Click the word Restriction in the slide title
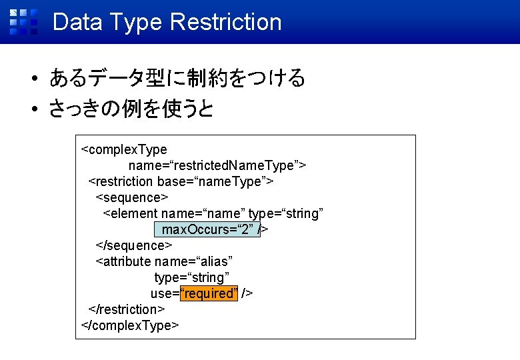[225, 22]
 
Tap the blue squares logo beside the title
[23, 21]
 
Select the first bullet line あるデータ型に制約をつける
[177, 79]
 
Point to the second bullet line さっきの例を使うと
[131, 108]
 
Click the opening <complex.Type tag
[123, 149]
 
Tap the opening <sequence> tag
[132, 197]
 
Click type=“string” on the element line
[286, 213]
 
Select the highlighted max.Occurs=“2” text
[207, 229]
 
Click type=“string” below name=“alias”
[191, 277]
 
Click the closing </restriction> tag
[127, 309]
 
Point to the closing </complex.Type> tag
[130, 325]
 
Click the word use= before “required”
[165, 293]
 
